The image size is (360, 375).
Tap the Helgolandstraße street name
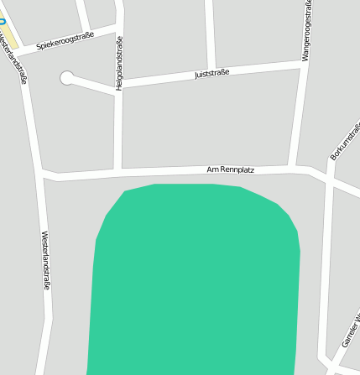[x=119, y=63]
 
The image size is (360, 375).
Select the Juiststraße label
[x=211, y=74]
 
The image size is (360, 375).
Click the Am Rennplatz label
[x=230, y=170]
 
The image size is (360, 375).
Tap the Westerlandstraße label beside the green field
[x=46, y=261]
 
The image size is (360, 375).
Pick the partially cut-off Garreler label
[x=351, y=332]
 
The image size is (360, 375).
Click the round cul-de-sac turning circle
[x=66, y=78]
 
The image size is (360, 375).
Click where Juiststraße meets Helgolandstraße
[x=119, y=86]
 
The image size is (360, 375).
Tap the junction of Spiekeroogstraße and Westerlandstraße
[x=21, y=52]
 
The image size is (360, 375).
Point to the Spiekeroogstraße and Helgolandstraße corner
[x=118, y=31]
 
